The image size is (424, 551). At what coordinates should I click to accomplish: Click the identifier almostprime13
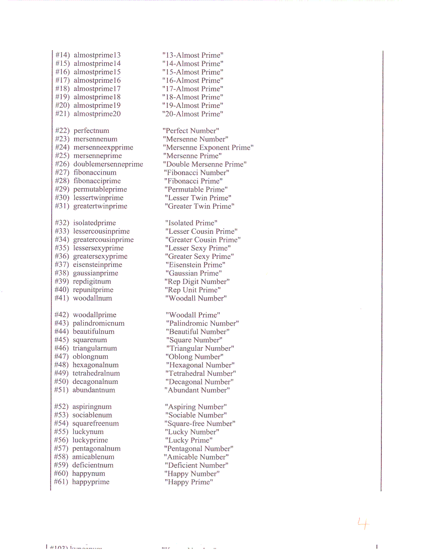pyautogui.click(x=97, y=55)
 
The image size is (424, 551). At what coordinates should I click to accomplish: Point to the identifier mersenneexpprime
pyautogui.click(x=103, y=148)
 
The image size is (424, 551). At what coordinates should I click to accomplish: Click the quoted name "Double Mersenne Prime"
pyautogui.click(x=204, y=164)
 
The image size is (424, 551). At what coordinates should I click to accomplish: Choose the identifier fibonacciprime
pyautogui.click(x=97, y=181)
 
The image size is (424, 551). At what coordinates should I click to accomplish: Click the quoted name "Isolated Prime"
pyautogui.click(x=191, y=223)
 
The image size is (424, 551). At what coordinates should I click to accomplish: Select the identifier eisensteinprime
pyautogui.click(x=98, y=265)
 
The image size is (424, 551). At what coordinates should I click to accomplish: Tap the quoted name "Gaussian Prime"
pyautogui.click(x=193, y=273)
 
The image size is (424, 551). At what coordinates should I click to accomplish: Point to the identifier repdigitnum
pyautogui.click(x=95, y=282)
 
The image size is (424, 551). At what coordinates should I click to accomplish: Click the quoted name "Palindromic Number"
pyautogui.click(x=202, y=324)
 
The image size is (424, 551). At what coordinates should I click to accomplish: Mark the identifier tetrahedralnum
pyautogui.click(x=96, y=373)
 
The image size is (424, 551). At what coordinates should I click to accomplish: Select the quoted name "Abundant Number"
pyautogui.click(x=197, y=390)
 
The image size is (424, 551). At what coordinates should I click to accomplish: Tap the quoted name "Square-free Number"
pyautogui.click(x=199, y=424)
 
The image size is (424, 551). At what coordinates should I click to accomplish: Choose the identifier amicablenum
pyautogui.click(x=93, y=457)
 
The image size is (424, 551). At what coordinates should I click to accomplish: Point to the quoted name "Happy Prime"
pyautogui.click(x=188, y=482)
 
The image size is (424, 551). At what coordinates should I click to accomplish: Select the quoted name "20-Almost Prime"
pyautogui.click(x=192, y=114)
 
